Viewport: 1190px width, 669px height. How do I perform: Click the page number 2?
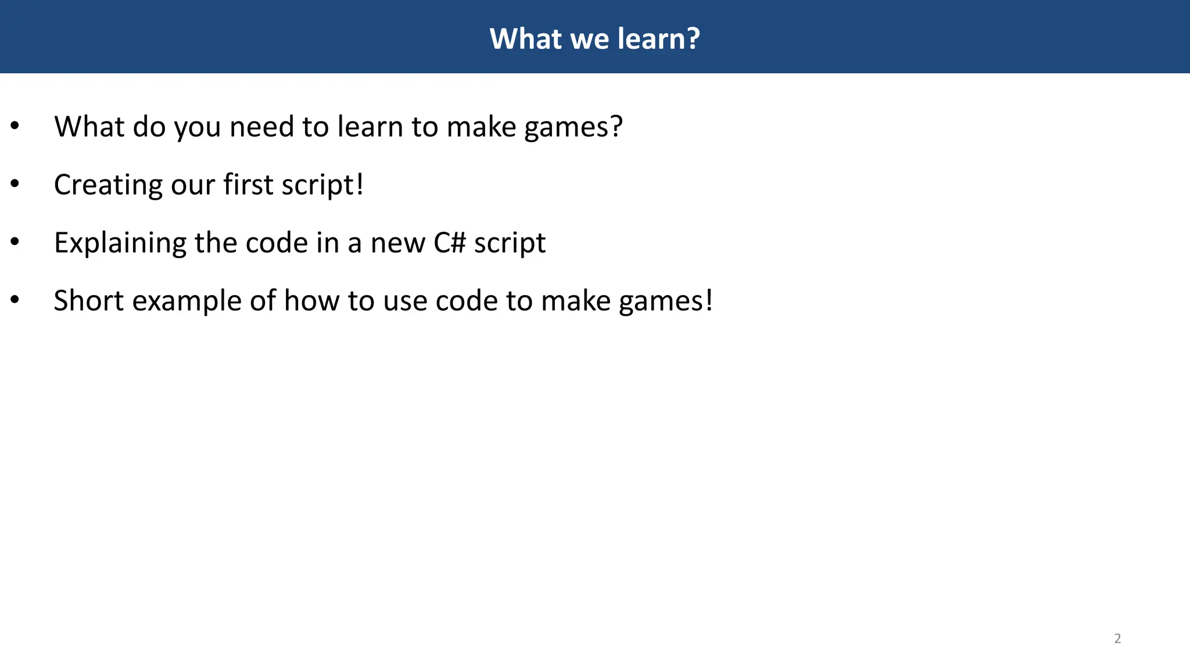pyautogui.click(x=1117, y=638)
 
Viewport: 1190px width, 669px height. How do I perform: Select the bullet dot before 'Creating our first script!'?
pyautogui.click(x=15, y=184)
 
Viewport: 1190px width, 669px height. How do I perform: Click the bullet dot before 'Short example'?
pyautogui.click(x=15, y=300)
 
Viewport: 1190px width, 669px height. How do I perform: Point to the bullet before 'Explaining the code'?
pyautogui.click(x=15, y=242)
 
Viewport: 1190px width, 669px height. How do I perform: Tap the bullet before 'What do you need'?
pyautogui.click(x=15, y=126)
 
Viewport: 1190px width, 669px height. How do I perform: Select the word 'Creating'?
pyautogui.click(x=108, y=186)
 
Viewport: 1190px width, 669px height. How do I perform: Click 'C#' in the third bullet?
pyautogui.click(x=450, y=243)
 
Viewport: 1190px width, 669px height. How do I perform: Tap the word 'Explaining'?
pyautogui.click(x=120, y=244)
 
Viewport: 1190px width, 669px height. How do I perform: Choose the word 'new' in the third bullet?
pyautogui.click(x=398, y=244)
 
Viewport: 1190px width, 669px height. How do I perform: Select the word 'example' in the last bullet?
pyautogui.click(x=187, y=302)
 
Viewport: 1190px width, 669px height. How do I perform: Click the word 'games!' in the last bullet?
pyautogui.click(x=665, y=302)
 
